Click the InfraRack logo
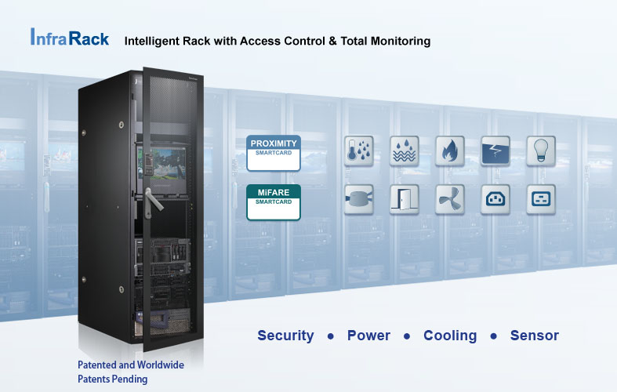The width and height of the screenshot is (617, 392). coord(69,38)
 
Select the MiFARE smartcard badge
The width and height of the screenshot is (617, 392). coord(273,202)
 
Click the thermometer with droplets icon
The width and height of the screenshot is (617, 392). coord(359,151)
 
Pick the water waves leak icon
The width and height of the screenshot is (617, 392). coord(405,151)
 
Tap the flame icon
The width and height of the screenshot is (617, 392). coord(450,151)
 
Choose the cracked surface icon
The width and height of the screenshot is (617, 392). coord(495,151)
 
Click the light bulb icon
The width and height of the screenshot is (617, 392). coord(541,151)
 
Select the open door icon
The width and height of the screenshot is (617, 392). coord(405,200)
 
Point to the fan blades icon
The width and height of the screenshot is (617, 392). coord(450,200)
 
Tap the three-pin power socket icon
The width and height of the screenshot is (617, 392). coord(495,200)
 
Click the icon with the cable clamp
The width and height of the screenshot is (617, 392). coord(359,200)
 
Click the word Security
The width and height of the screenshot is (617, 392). coord(285,336)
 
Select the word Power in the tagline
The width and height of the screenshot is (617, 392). coord(368,336)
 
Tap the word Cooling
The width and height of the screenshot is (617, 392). coord(450,336)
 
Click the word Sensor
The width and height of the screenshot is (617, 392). coord(535,336)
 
